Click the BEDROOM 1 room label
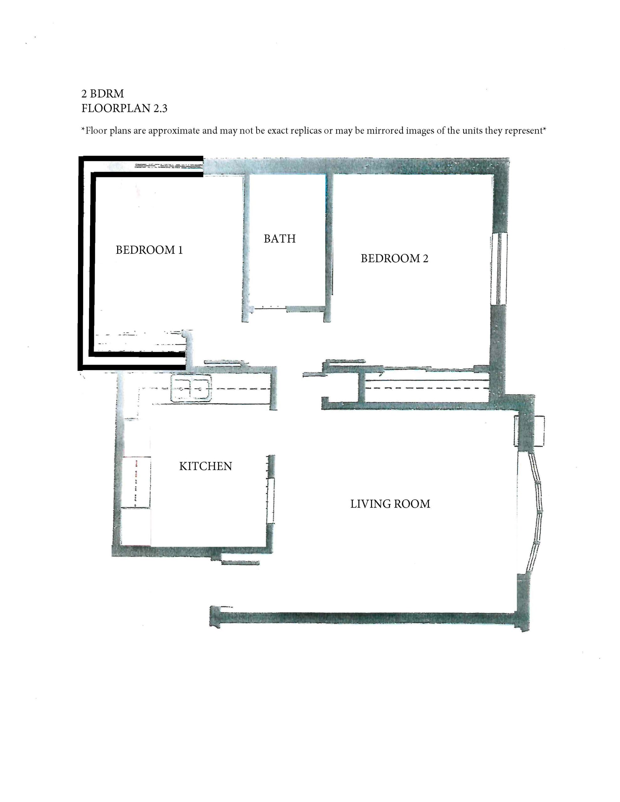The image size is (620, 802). tap(149, 250)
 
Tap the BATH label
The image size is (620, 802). tap(280, 239)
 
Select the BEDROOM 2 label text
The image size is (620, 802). tap(394, 258)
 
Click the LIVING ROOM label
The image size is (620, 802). tap(390, 503)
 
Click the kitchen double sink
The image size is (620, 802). tap(190, 388)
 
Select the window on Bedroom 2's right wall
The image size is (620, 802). tap(499, 269)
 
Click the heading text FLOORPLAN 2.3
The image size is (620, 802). tap(124, 108)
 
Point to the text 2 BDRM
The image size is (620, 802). tap(102, 94)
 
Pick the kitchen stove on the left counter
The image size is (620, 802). tap(136, 482)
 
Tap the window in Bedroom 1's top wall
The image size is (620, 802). tap(169, 166)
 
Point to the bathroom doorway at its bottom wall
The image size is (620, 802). tap(270, 308)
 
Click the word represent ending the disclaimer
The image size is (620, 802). tap(524, 131)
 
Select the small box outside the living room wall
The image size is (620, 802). tap(539, 431)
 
